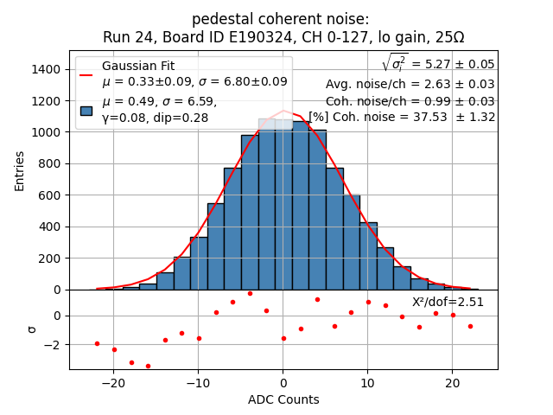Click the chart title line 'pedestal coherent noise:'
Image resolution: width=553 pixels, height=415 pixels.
click(x=283, y=19)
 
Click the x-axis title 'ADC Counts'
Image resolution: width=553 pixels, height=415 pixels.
click(x=283, y=399)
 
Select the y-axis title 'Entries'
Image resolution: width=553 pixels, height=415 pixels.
click(x=20, y=170)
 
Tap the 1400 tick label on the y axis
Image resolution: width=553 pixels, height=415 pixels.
click(x=48, y=69)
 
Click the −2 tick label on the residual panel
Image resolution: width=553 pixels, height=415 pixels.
click(x=54, y=344)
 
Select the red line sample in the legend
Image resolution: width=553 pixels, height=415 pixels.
click(x=86, y=74)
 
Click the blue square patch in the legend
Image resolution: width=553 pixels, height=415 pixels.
click(x=86, y=110)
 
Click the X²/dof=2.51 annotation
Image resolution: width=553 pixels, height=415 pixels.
click(x=448, y=302)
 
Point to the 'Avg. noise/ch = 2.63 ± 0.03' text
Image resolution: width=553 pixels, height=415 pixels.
click(x=410, y=84)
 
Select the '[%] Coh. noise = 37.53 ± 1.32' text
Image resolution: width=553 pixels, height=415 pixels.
click(x=402, y=117)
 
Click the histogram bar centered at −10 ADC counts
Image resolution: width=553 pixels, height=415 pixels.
click(x=199, y=264)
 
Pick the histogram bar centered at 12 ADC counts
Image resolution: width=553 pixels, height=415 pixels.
click(x=385, y=269)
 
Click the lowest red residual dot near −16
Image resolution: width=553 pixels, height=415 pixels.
click(x=148, y=366)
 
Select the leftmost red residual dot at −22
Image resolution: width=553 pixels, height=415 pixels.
click(x=97, y=343)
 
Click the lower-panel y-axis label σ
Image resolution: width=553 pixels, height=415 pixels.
click(x=32, y=329)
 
